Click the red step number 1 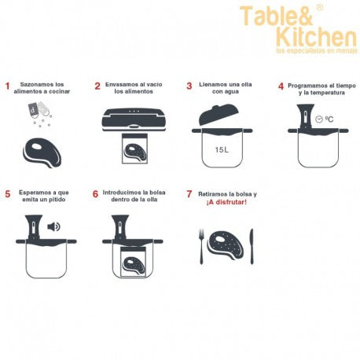[x=7, y=86]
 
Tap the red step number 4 [x=281, y=86]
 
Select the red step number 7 [x=189, y=194]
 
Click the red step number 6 [x=95, y=194]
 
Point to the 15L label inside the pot [x=222, y=150]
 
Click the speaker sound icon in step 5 [x=53, y=226]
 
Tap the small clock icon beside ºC [x=319, y=119]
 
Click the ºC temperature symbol [x=329, y=119]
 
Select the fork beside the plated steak [x=201, y=246]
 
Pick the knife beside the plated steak [x=252, y=246]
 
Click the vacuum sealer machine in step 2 [x=134, y=119]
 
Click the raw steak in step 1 [x=42, y=152]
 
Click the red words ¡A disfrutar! [x=226, y=202]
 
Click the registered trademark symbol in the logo [x=319, y=8]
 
